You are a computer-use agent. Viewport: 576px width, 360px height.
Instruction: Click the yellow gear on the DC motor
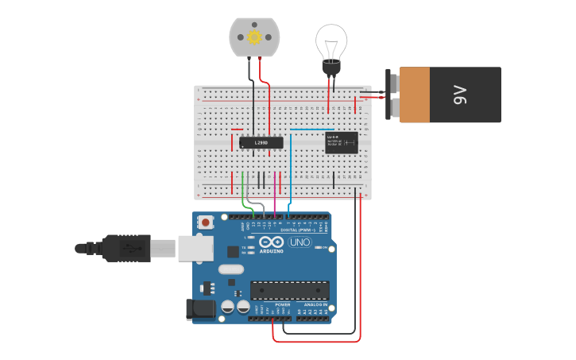(x=254, y=37)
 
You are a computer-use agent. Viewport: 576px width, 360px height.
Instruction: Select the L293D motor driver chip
(x=261, y=143)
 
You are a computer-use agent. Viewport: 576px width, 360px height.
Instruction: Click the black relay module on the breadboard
(x=342, y=142)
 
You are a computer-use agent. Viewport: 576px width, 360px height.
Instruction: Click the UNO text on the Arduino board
(x=300, y=242)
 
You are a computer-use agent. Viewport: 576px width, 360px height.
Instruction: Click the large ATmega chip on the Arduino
(x=289, y=290)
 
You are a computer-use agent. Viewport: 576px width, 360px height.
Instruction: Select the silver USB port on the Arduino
(x=195, y=249)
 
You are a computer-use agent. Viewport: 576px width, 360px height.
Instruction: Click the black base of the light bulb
(x=331, y=67)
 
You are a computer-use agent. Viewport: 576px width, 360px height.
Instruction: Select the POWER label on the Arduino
(x=283, y=304)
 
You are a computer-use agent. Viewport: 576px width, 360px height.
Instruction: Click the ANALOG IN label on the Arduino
(x=316, y=304)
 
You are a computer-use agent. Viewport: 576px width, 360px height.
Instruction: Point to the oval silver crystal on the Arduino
(x=231, y=269)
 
